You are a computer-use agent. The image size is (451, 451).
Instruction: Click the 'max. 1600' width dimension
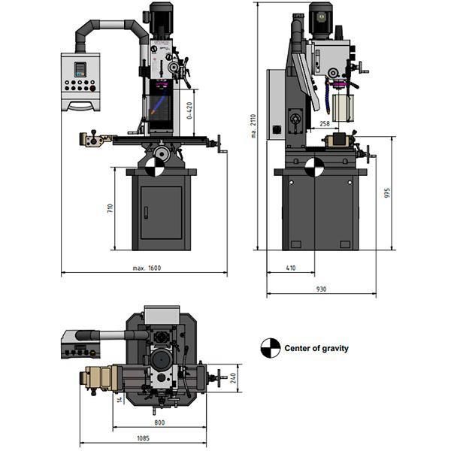click(x=147, y=268)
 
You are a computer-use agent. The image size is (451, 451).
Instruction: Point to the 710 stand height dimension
click(x=110, y=208)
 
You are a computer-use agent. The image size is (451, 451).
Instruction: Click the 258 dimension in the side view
click(x=324, y=123)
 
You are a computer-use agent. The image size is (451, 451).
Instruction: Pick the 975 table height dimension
click(x=386, y=193)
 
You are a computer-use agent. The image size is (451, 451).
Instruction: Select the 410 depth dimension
click(x=291, y=268)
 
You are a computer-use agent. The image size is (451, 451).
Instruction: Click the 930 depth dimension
click(x=322, y=288)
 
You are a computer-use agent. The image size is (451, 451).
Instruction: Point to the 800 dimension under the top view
click(x=159, y=422)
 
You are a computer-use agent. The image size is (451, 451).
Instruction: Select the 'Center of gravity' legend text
click(x=316, y=349)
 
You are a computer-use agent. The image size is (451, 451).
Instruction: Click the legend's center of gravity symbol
click(x=269, y=348)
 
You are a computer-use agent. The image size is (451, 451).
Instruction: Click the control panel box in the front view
click(x=80, y=79)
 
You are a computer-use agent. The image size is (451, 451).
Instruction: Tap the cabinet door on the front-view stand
click(x=161, y=212)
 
